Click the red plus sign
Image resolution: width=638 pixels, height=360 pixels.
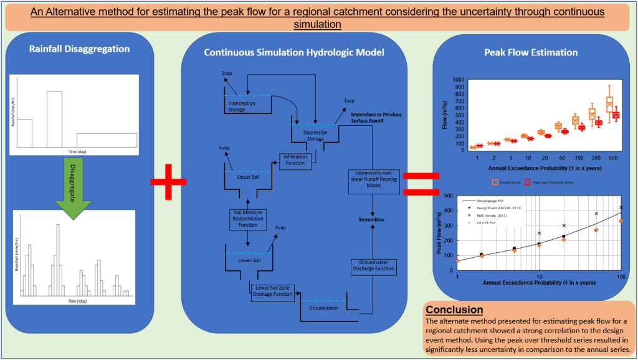(169, 181)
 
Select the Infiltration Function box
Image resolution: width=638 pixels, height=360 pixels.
(295, 159)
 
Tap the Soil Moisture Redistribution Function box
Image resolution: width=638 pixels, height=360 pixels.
(249, 219)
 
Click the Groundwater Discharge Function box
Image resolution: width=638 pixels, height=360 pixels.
(373, 265)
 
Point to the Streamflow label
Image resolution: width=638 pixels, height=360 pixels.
(373, 219)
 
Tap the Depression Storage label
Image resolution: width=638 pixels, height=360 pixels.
(314, 135)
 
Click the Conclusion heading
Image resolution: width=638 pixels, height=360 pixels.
(454, 310)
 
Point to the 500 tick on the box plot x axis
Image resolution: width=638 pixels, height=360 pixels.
(614, 158)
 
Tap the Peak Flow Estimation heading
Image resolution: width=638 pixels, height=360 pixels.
(531, 52)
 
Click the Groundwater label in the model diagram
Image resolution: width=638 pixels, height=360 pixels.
(322, 307)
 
